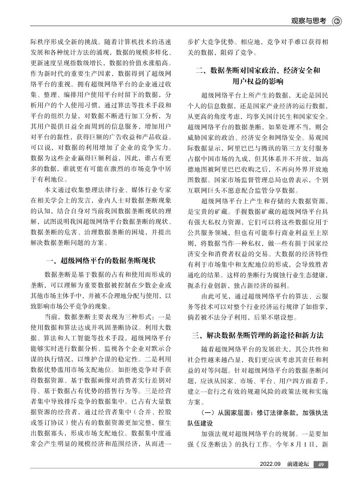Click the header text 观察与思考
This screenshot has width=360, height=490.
click(x=309, y=21)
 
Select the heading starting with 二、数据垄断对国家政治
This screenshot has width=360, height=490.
click(x=258, y=71)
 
